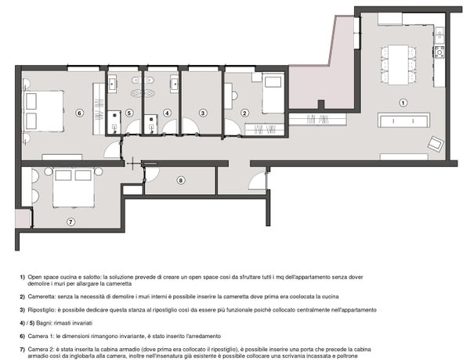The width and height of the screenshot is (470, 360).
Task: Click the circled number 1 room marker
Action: pos(403,103)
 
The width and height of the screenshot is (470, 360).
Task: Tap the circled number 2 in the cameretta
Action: pos(244,113)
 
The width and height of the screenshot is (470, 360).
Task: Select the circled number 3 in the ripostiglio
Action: pos(203,113)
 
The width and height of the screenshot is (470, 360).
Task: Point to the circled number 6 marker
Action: pos(79,113)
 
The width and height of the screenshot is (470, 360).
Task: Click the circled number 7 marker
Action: pos(70,221)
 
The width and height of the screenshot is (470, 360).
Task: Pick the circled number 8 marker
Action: pos(180,180)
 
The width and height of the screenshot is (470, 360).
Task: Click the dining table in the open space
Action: pos(399,65)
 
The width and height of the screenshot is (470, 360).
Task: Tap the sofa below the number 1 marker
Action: pos(403,121)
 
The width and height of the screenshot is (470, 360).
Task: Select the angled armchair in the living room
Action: pos(436,143)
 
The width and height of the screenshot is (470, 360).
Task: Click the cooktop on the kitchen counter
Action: pos(439,52)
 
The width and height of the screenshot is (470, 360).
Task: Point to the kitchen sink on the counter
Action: pos(439,35)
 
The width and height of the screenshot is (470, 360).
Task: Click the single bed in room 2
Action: pos(273,92)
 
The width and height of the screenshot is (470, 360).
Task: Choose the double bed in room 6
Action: pos(44,111)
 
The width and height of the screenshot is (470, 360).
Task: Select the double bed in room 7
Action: pos(74,187)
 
